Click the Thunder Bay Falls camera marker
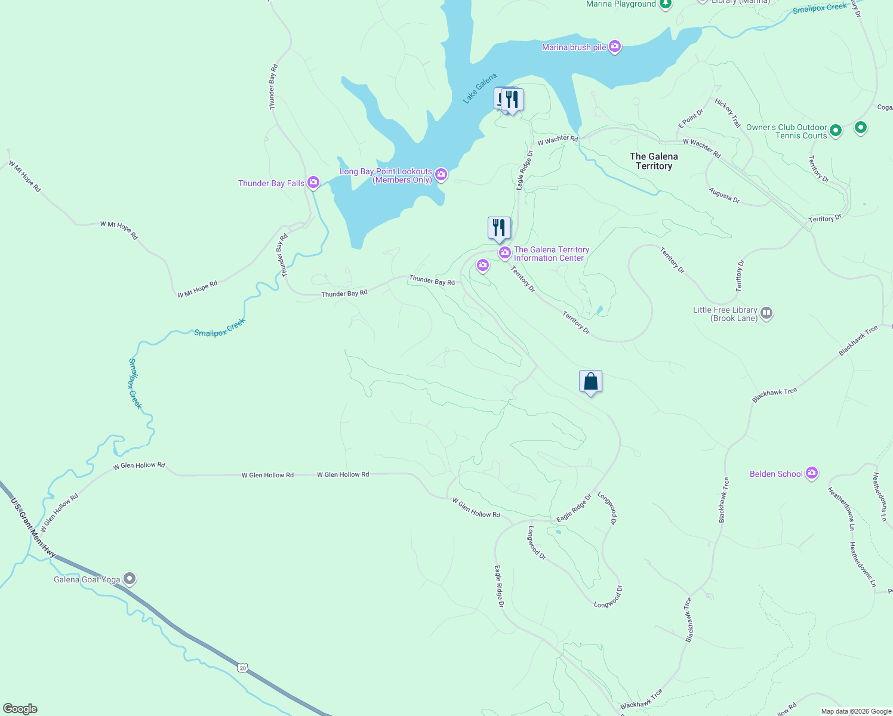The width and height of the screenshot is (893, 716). [313, 183]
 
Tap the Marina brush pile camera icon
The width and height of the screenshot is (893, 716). [615, 47]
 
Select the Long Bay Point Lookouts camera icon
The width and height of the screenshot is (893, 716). [441, 174]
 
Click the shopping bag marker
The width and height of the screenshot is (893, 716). [590, 381]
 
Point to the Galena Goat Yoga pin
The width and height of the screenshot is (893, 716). [130, 579]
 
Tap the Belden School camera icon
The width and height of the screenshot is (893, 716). [811, 473]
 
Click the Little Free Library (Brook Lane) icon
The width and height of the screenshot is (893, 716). [766, 313]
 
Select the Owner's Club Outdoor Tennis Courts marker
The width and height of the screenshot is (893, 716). [836, 130]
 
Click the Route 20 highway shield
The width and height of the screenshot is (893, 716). [242, 668]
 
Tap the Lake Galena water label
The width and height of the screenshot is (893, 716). [480, 89]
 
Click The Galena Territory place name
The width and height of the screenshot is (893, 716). [654, 161]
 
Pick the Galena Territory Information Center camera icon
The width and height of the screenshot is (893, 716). [505, 254]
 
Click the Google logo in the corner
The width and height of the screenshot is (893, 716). [20, 709]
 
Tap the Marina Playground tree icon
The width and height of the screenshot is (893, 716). [666, 5]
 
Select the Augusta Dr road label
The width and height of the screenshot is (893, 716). [724, 195]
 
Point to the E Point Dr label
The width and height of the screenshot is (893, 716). [691, 119]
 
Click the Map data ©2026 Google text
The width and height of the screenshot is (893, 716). [855, 711]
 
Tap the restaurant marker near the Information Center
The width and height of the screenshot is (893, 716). [499, 228]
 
